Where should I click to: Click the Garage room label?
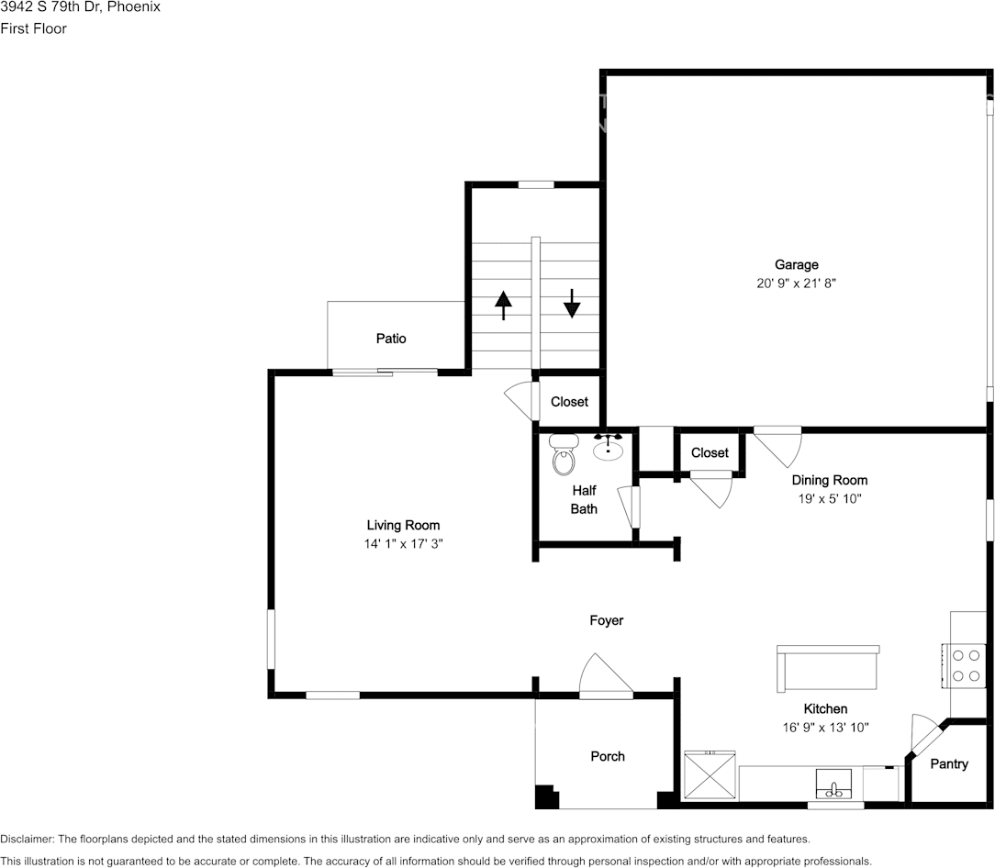[x=796, y=265]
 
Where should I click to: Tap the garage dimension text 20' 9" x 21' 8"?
[x=796, y=284]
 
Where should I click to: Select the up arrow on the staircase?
[x=503, y=304]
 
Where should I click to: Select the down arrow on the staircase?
[x=572, y=303]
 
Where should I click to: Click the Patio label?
[x=391, y=339]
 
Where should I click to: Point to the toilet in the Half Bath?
[x=563, y=455]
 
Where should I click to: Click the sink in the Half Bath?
[x=608, y=448]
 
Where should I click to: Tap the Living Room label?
[x=403, y=525]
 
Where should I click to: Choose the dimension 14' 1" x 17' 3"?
[x=403, y=544]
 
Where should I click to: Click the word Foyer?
[x=606, y=620]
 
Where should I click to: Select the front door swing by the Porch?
[x=605, y=677]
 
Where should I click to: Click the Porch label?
[x=607, y=756]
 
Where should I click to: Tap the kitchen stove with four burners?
[x=965, y=665]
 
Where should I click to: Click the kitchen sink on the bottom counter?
[x=834, y=786]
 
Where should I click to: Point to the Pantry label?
[x=949, y=763]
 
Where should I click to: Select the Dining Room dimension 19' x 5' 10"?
[x=829, y=499]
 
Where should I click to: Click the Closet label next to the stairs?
[x=569, y=402]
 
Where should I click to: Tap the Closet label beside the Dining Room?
[x=710, y=452]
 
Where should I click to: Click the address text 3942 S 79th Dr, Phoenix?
[x=81, y=7]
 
